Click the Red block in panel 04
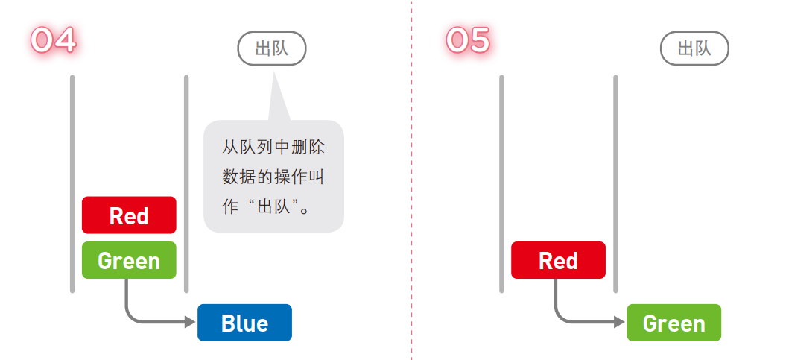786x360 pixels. pos(129,215)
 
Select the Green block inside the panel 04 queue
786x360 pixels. pos(129,261)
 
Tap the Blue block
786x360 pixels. pos(244,323)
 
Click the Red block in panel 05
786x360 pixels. pos(558,261)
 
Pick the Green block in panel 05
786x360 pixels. pos(674,323)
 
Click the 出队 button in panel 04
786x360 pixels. pos(272,48)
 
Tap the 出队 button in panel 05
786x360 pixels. pos(694,48)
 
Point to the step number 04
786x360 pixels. pos(53,40)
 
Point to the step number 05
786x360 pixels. pos(468,40)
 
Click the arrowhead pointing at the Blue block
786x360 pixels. pos(190,323)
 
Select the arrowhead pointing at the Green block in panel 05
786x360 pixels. pos(619,323)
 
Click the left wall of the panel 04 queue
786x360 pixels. pos(72,183)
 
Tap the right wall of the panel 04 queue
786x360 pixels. pos(186,183)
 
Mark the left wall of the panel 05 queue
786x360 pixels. pos(501,183)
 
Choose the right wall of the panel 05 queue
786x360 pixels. pos(615,183)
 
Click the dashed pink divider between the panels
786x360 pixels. pos(411,179)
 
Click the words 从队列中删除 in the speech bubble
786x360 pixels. pos(273,147)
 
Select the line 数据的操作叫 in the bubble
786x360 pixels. pos(273,177)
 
